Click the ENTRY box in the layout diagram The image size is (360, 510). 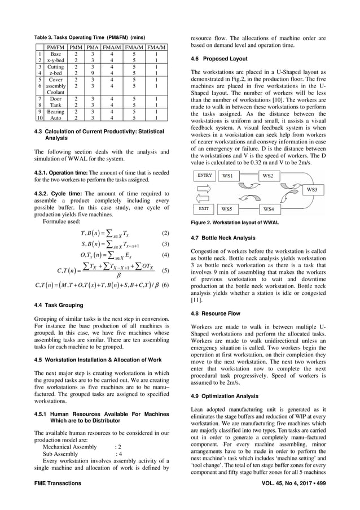tap(204, 175)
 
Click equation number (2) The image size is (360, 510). tap(165, 233)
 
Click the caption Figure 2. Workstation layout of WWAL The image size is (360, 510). tap(234, 223)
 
